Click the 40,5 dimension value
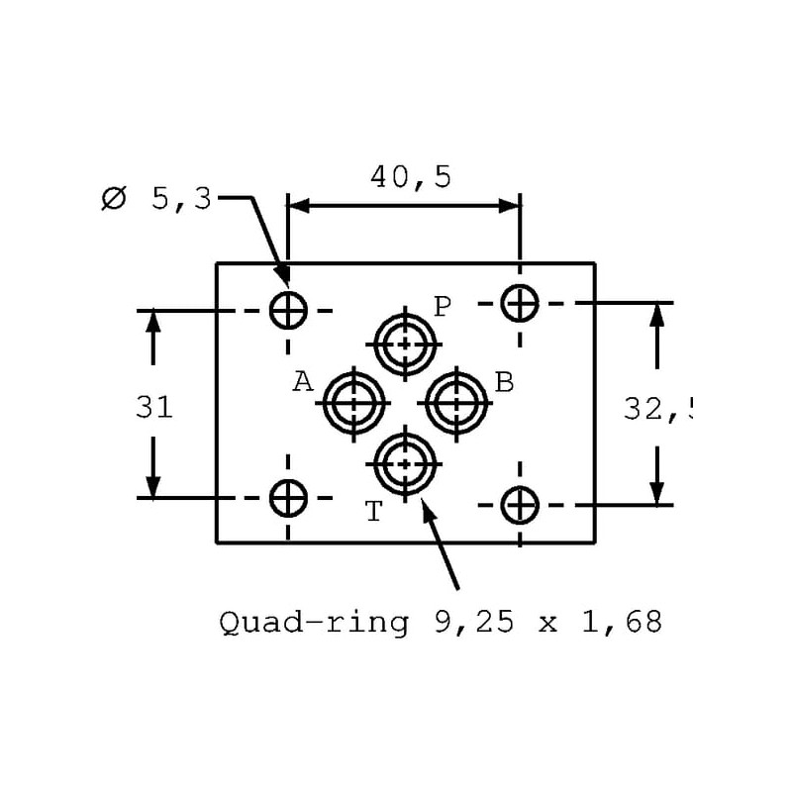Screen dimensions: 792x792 411,177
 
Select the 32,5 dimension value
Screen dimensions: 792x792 657,408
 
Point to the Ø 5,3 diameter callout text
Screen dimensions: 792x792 157,198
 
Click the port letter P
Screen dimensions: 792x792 443,305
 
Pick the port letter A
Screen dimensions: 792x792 303,381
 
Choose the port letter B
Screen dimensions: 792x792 504,381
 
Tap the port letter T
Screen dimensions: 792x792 373,511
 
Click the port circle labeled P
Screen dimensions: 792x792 404,345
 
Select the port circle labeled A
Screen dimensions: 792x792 351,403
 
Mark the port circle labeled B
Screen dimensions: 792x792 456,403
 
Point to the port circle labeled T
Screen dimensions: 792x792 404,460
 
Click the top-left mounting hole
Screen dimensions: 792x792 288,311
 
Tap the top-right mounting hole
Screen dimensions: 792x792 519,302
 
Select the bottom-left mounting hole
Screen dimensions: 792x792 288,497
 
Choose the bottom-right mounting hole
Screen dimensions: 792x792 519,505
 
